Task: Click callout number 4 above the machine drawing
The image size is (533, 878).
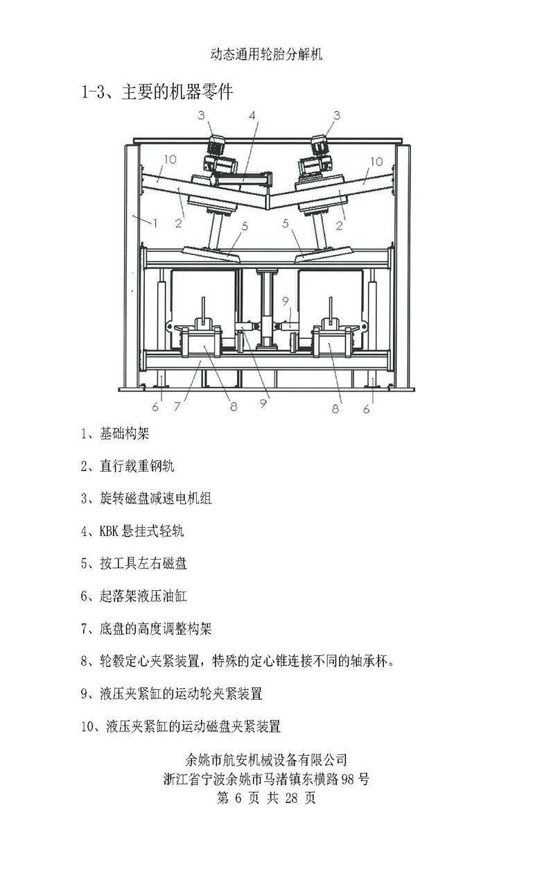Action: [x=252, y=115]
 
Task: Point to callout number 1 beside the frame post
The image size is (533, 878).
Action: [x=155, y=223]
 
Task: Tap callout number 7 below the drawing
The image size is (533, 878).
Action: [x=177, y=406]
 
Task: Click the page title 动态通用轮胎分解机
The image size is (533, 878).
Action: [x=266, y=54]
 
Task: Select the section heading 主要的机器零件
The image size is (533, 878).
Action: [x=177, y=92]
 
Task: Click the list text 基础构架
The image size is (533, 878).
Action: [x=124, y=433]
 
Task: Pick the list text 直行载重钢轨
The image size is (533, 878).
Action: [x=137, y=466]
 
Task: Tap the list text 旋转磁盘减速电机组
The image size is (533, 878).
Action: [x=155, y=499]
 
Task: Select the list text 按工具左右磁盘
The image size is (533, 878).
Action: [x=143, y=564]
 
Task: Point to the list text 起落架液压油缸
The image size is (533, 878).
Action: [x=143, y=596]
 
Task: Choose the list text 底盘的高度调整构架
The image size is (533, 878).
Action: [x=155, y=629]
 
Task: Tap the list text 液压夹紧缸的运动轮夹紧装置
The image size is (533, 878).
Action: [x=180, y=694]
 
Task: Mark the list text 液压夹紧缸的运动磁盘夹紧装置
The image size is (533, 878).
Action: [x=193, y=726]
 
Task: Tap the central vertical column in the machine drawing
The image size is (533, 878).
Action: [x=267, y=309]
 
